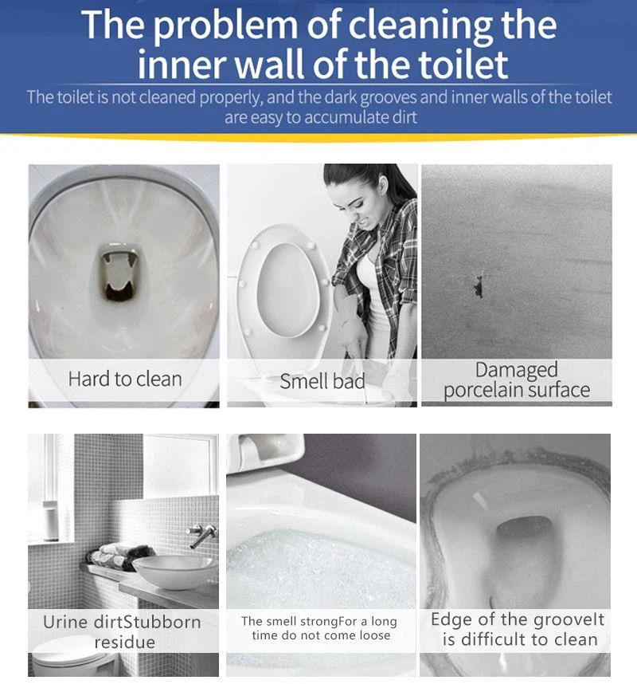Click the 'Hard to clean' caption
pos(125,379)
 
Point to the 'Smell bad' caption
pos(322,381)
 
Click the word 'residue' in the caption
pos(124,642)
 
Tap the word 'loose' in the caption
pos(372,635)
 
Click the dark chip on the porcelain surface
pos(479,287)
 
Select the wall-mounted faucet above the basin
pos(202,535)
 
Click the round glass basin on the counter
pos(174,571)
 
